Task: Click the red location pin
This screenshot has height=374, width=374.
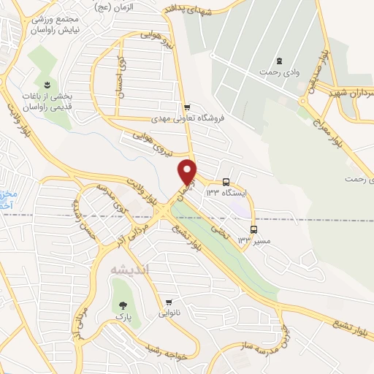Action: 188,171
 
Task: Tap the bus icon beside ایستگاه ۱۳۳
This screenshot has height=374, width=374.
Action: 226,181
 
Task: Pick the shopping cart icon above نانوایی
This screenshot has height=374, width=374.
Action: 169,302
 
